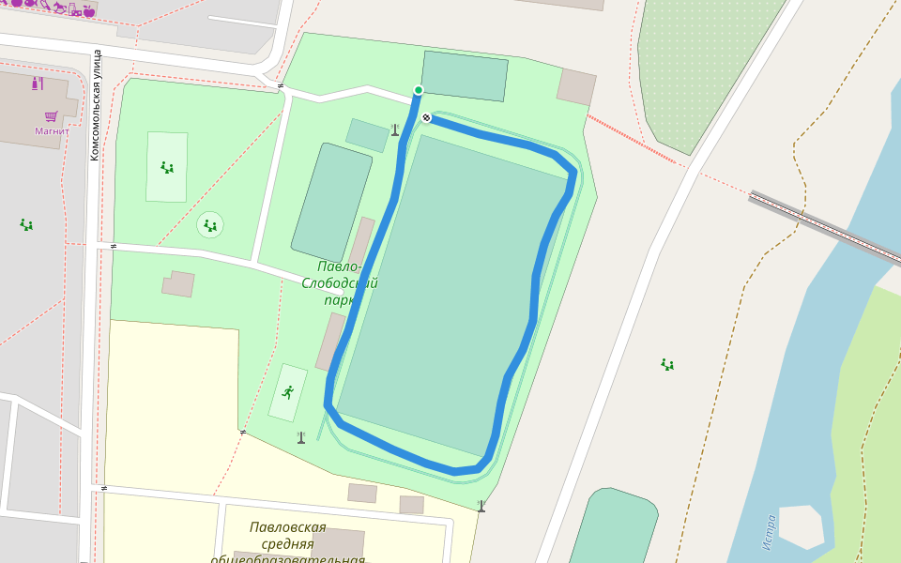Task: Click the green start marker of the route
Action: pyautogui.click(x=419, y=90)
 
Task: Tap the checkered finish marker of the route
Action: pyautogui.click(x=427, y=117)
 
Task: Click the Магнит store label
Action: pyautogui.click(x=53, y=131)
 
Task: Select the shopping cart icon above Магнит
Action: pyautogui.click(x=52, y=116)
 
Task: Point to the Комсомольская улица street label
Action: pyautogui.click(x=95, y=105)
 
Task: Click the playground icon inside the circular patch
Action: pyautogui.click(x=210, y=225)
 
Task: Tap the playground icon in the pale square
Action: pyautogui.click(x=167, y=168)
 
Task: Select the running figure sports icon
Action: pyautogui.click(x=287, y=392)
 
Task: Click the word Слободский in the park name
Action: pyautogui.click(x=339, y=283)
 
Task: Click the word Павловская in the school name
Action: pyautogui.click(x=288, y=527)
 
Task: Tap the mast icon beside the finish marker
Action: pyautogui.click(x=395, y=129)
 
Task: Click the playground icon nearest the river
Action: pyautogui.click(x=666, y=364)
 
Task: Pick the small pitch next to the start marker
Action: pyautogui.click(x=464, y=75)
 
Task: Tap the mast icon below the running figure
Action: pyautogui.click(x=301, y=437)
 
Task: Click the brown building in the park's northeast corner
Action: pyautogui.click(x=575, y=86)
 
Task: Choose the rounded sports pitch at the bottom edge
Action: pyautogui.click(x=614, y=525)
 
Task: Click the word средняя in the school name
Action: pyautogui.click(x=282, y=544)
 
